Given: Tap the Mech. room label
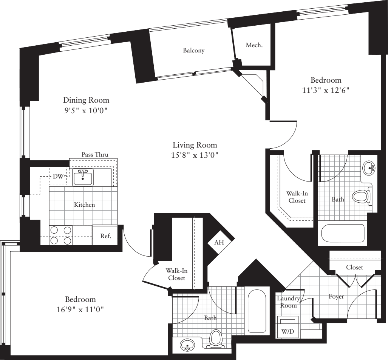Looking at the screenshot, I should (254, 45).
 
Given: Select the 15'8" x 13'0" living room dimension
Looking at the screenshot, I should (195, 154).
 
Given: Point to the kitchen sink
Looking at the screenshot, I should (83, 177).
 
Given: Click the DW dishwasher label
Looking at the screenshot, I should (58, 176).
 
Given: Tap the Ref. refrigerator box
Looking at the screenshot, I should (105, 236).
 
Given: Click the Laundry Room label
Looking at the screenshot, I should (288, 302).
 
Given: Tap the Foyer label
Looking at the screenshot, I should (336, 297).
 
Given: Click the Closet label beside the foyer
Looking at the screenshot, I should (354, 267).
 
